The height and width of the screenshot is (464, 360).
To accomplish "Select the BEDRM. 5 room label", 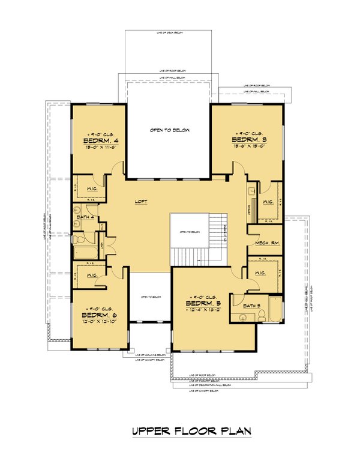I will pyautogui.click(x=203, y=304).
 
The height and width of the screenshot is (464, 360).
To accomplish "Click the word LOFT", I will pyautogui.click(x=142, y=202).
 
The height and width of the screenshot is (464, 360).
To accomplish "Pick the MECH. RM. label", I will pyautogui.click(x=265, y=243).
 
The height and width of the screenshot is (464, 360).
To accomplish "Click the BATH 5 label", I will pyautogui.click(x=251, y=306).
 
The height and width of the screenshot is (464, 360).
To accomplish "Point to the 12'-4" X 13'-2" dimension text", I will pyautogui.click(x=204, y=311).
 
